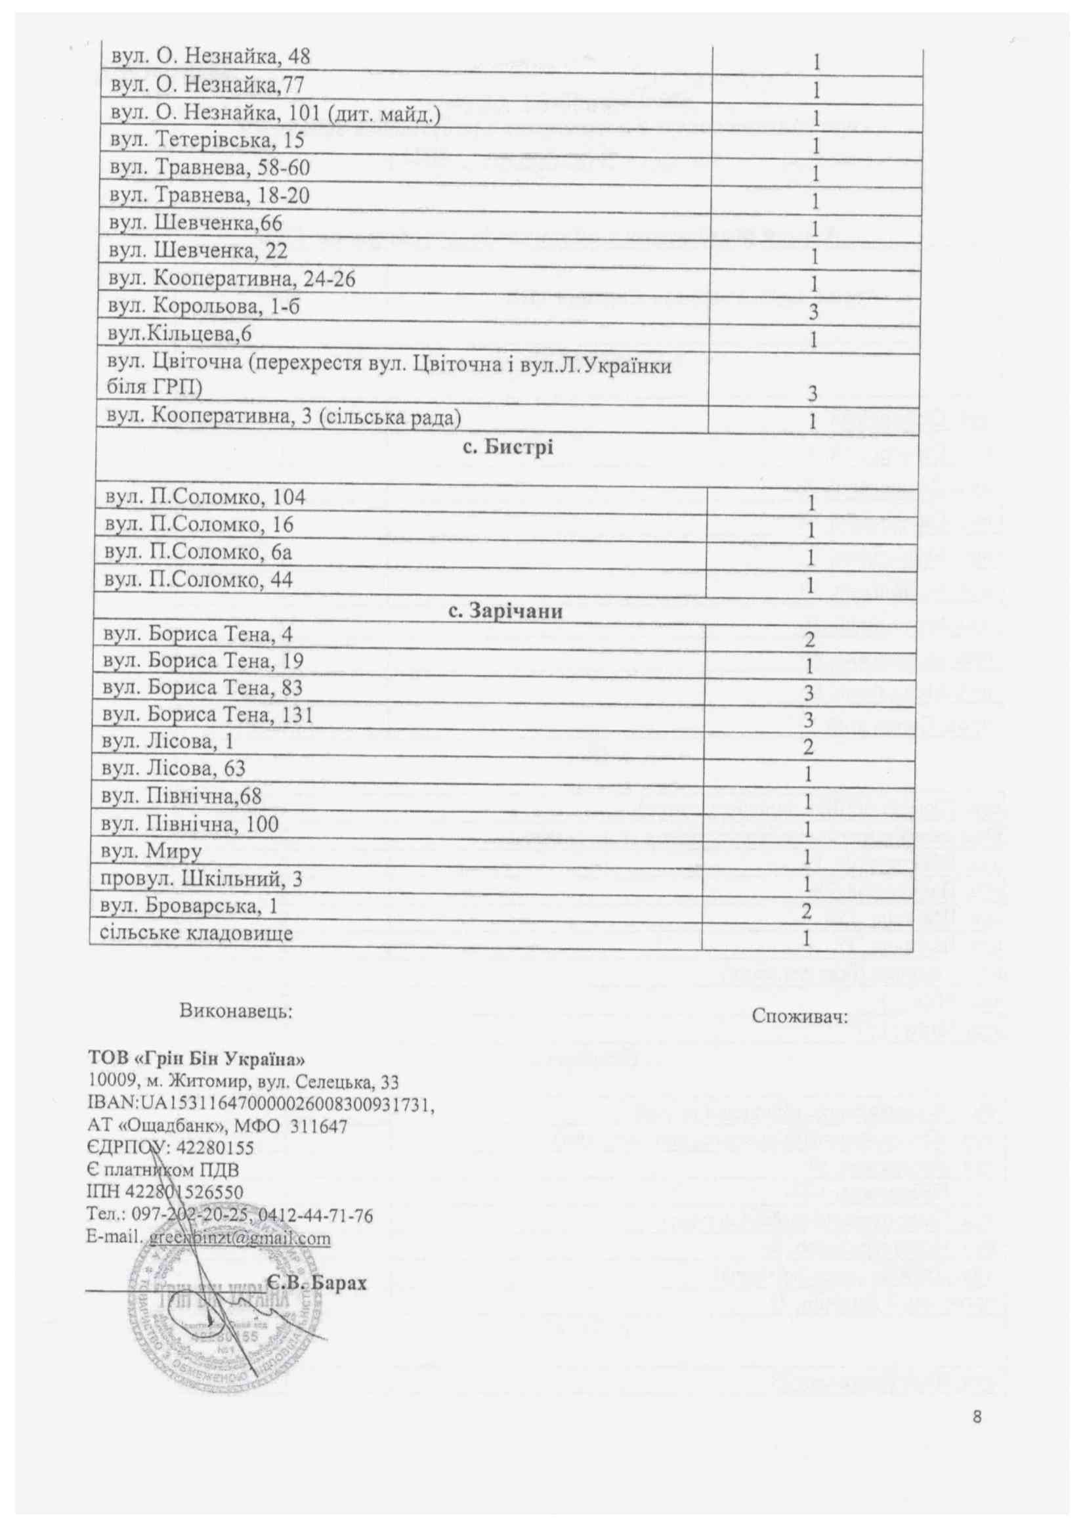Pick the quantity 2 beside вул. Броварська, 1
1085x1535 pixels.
[x=807, y=912]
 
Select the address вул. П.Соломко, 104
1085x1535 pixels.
[x=205, y=497]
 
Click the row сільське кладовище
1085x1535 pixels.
[x=196, y=933]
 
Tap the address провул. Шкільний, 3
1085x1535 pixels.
[x=202, y=878]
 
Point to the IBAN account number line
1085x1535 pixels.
[x=261, y=1104]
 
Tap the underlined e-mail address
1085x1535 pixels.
[x=239, y=1238]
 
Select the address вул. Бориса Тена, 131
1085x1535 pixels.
[x=207, y=716]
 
